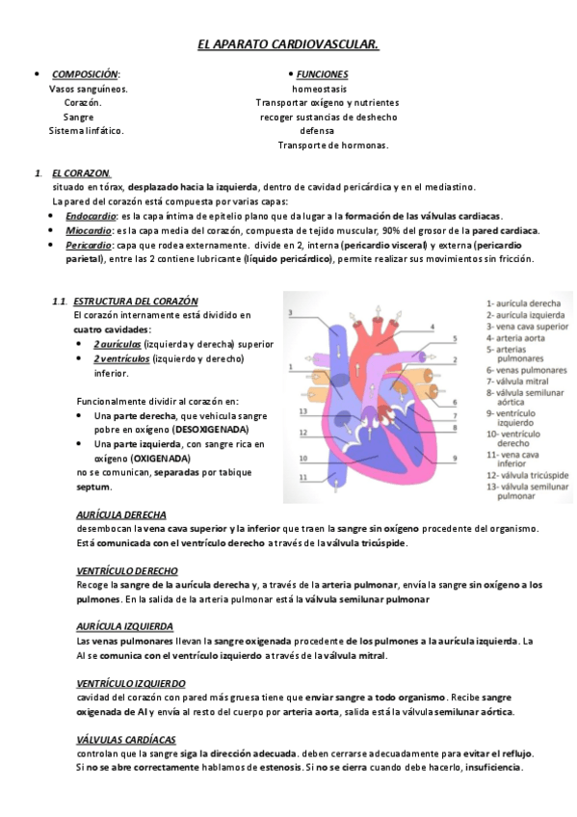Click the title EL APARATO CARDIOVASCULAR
pos(287,44)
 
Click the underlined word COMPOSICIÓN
pos(85,74)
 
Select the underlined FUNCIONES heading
pos(322,74)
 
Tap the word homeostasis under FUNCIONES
pos(321,88)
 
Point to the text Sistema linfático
pos(87,130)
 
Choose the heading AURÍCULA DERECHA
pos(120,514)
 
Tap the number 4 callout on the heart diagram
pos(431,327)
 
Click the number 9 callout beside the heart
pos(455,457)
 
